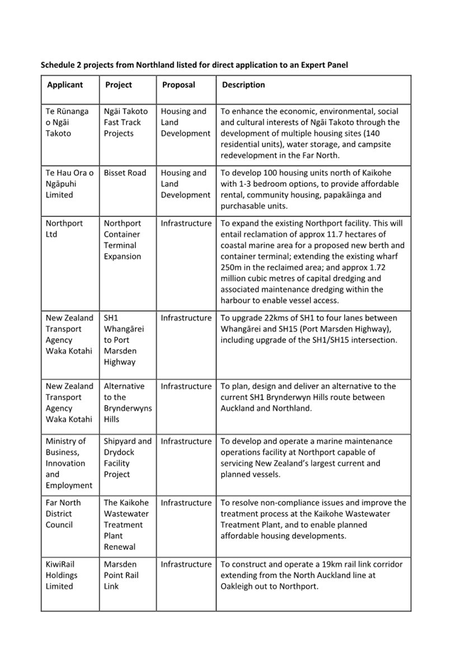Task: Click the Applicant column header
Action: point(65,85)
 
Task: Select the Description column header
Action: point(243,85)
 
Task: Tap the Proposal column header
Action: point(178,85)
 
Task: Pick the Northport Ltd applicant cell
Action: point(64,228)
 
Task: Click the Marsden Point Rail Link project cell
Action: point(120,575)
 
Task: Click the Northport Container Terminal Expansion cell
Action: point(122,239)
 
